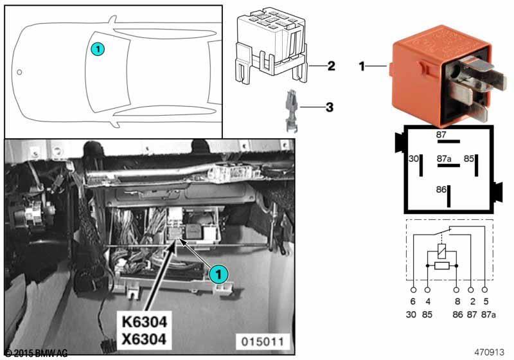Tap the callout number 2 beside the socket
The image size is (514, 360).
pos(330,66)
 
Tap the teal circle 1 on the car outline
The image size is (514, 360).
pos(96,48)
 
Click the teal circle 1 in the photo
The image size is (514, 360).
pos(219,274)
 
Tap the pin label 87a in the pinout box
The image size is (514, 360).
pos(443,157)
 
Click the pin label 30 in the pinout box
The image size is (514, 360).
pos(414,157)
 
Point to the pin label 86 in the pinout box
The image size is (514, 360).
pos(441,191)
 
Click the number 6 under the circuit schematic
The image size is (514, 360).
pos(413,301)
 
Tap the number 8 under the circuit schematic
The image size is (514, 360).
pos(457,301)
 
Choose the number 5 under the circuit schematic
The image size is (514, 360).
pos(486,301)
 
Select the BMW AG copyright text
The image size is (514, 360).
pos(37,353)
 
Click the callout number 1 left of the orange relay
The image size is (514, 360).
pos(362,66)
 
